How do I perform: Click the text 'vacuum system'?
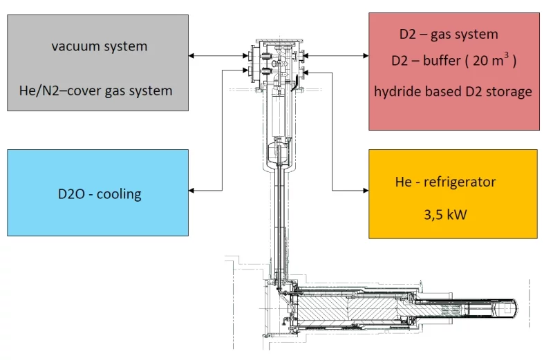99,47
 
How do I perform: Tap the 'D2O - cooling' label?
100,193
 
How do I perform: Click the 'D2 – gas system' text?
449,34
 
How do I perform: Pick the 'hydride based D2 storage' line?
453,91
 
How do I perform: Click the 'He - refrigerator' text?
445,182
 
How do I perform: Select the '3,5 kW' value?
445,214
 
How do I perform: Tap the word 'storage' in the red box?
509,91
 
